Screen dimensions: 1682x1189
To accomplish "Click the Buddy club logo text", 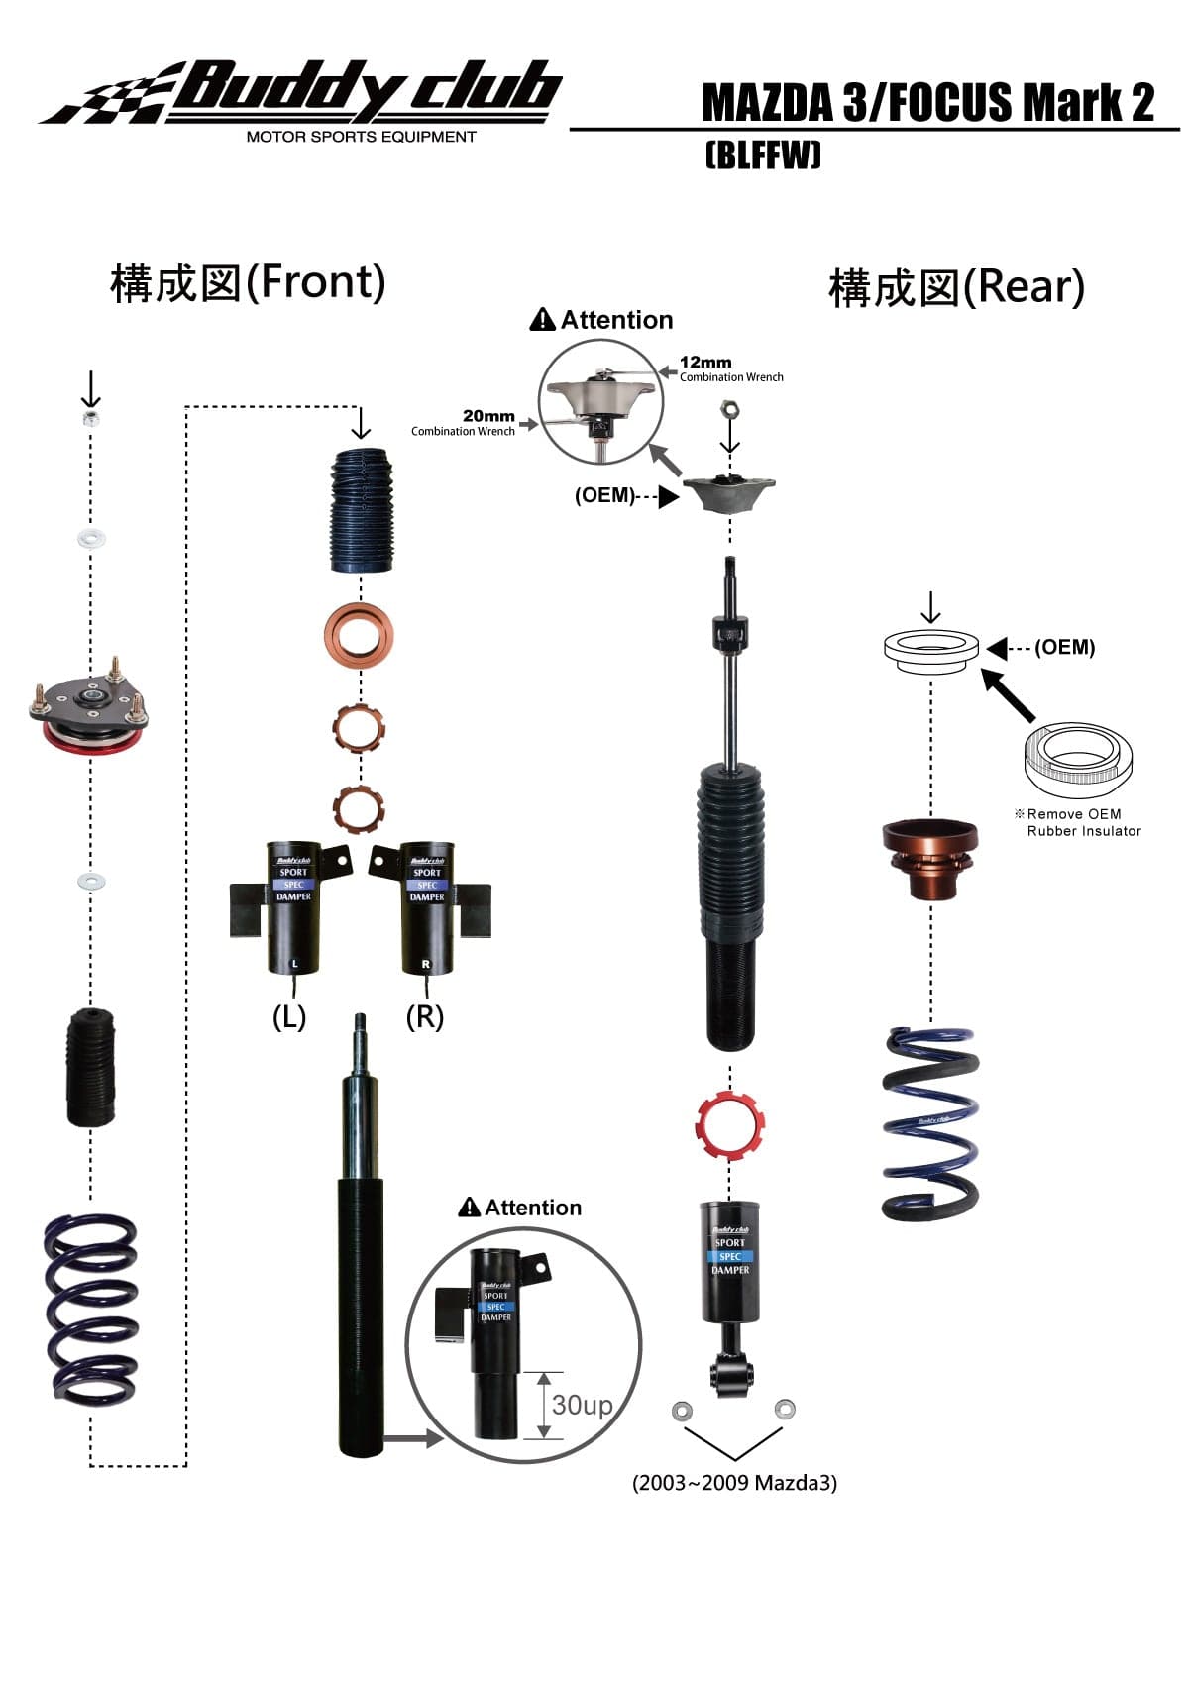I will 367,91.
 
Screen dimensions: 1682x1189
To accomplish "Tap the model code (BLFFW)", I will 763,156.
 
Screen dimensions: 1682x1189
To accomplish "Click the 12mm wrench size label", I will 704,363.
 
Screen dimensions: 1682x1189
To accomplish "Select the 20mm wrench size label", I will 488,416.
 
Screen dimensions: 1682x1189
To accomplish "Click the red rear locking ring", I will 730,1124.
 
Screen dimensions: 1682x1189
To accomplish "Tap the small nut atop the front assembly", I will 91,419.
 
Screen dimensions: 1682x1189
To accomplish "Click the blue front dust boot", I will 361,510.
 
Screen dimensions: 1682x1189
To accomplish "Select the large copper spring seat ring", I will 359,635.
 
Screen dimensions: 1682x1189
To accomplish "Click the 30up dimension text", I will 582,1405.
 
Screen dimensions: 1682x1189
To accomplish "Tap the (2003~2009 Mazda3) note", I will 734,1483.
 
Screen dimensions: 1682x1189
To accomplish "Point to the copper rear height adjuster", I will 930,858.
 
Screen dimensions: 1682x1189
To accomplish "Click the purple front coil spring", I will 91,1308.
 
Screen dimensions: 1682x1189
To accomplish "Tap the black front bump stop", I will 90,1067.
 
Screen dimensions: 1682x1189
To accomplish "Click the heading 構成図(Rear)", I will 956,288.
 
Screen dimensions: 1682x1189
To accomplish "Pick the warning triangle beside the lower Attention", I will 470,1208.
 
